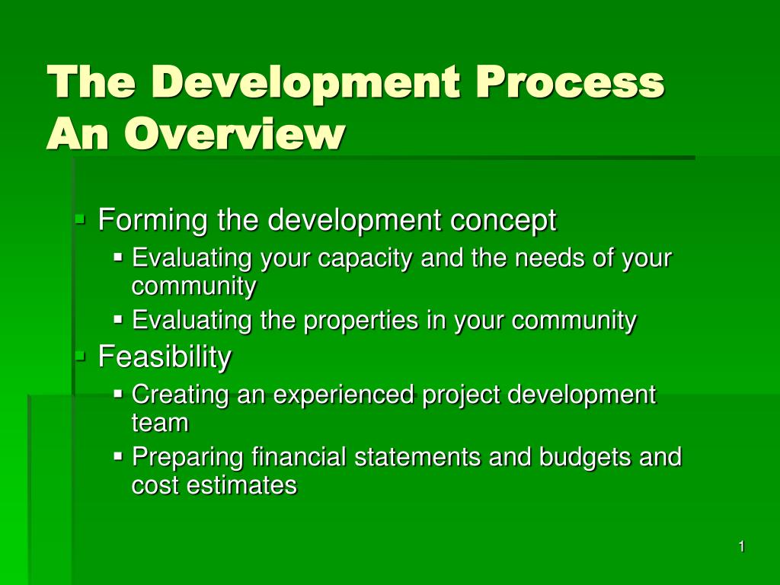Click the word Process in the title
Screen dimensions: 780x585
pyautogui.click(x=570, y=82)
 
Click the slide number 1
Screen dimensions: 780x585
pyautogui.click(x=741, y=547)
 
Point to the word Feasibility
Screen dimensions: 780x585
pyautogui.click(x=165, y=356)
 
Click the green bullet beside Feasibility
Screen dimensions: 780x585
pyautogui.click(x=80, y=356)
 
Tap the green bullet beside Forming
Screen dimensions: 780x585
pyautogui.click(x=80, y=219)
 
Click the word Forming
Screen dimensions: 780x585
pyautogui.click(x=152, y=220)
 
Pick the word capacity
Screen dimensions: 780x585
pyautogui.click(x=365, y=259)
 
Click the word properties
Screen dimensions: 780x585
pyautogui.click(x=360, y=321)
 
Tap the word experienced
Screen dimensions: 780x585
pyautogui.click(x=344, y=395)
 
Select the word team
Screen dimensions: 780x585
pyautogui.click(x=160, y=424)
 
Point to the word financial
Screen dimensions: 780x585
pyautogui.click(x=299, y=457)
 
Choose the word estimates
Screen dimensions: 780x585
pyautogui.click(x=241, y=485)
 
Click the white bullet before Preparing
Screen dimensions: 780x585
pyautogui.click(x=118, y=456)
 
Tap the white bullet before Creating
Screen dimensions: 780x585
pyautogui.click(x=118, y=394)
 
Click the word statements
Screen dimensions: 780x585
pyautogui.click(x=417, y=457)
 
